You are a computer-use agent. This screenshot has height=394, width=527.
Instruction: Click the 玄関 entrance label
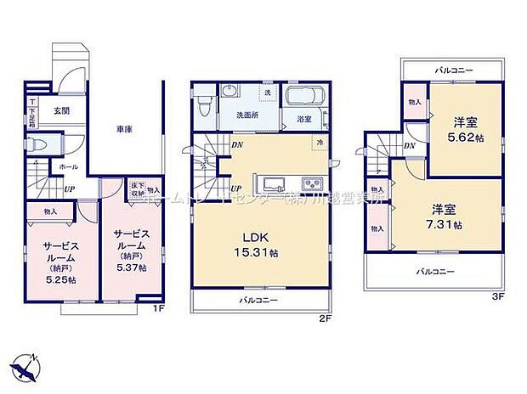[63, 110]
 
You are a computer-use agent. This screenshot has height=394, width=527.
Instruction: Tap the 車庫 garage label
[125, 129]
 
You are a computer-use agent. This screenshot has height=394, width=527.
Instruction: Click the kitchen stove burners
[310, 183]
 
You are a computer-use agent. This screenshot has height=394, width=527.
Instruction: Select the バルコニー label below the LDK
[258, 301]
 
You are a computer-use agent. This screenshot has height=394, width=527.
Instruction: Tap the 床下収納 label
[136, 189]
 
